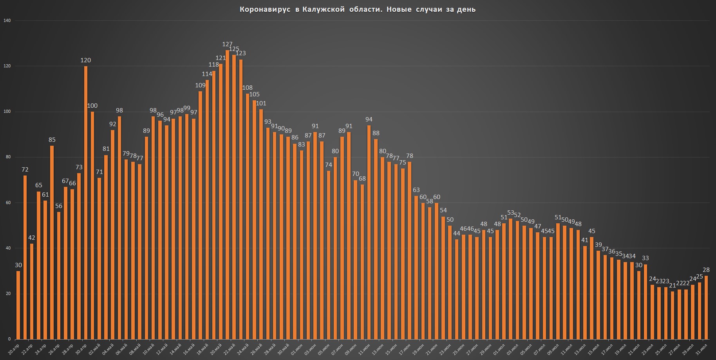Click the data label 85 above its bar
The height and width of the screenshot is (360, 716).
tap(52, 139)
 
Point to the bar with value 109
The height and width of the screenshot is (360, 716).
tap(200, 215)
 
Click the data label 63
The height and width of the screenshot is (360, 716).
tap(416, 190)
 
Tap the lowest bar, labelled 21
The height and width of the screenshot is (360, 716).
tap(673, 315)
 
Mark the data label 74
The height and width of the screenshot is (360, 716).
tap(328, 165)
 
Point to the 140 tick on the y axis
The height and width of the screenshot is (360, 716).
tap(7, 20)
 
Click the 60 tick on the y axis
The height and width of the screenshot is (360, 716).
tap(8, 203)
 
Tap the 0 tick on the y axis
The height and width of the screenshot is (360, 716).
tap(9, 339)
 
